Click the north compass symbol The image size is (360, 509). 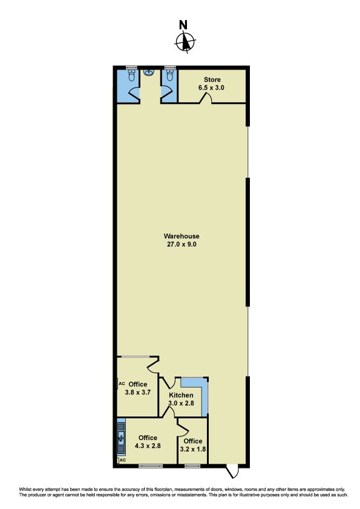tap(185, 42)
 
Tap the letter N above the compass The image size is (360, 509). tap(183, 25)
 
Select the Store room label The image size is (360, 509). tap(212, 80)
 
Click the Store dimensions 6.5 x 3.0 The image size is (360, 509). tap(212, 88)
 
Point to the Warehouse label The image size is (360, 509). tap(182, 236)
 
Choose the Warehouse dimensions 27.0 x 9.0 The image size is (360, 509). tap(182, 244)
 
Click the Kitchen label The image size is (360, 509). tap(181, 395)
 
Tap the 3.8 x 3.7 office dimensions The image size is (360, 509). tap(138, 392)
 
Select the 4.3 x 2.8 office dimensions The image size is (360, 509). tap(148, 446)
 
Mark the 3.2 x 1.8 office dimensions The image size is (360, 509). tap(193, 449)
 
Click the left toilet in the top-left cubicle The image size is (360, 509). tap(131, 75)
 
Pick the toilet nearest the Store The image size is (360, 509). tap(169, 75)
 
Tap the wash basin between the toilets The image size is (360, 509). tap(149, 72)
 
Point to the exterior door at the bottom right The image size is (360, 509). tap(232, 472)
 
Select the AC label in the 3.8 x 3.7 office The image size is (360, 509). tap(122, 384)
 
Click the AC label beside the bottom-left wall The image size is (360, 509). tap(123, 460)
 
